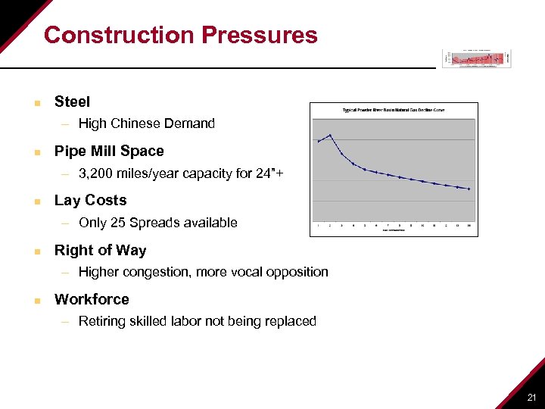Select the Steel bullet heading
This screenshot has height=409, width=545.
click(72, 101)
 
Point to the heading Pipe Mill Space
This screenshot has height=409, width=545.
click(109, 151)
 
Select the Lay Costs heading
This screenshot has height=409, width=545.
click(90, 201)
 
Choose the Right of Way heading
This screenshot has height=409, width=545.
click(100, 250)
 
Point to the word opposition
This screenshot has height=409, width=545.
click(298, 272)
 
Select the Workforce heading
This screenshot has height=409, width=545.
click(92, 299)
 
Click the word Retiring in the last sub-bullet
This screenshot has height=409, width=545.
click(101, 321)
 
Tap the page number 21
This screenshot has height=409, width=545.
click(531, 398)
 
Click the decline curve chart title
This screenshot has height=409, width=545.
click(394, 110)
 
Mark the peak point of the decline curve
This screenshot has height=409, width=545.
click(330, 136)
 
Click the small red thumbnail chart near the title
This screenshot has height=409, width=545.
click(476, 58)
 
